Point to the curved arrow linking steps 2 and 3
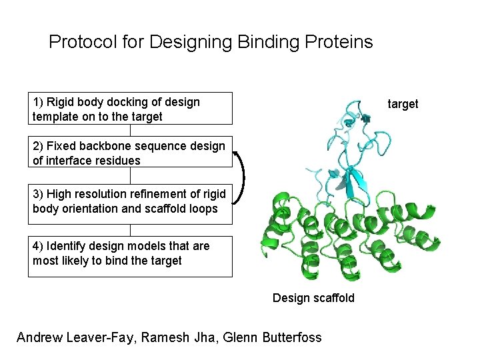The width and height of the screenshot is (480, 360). tap(243, 176)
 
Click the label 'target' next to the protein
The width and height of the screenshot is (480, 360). tap(403, 104)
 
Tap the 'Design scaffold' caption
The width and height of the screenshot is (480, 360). tap(313, 298)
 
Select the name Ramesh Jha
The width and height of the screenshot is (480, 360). tap(177, 337)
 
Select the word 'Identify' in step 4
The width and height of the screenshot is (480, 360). tap(61, 246)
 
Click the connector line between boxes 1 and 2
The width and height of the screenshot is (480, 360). tap(131, 131)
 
